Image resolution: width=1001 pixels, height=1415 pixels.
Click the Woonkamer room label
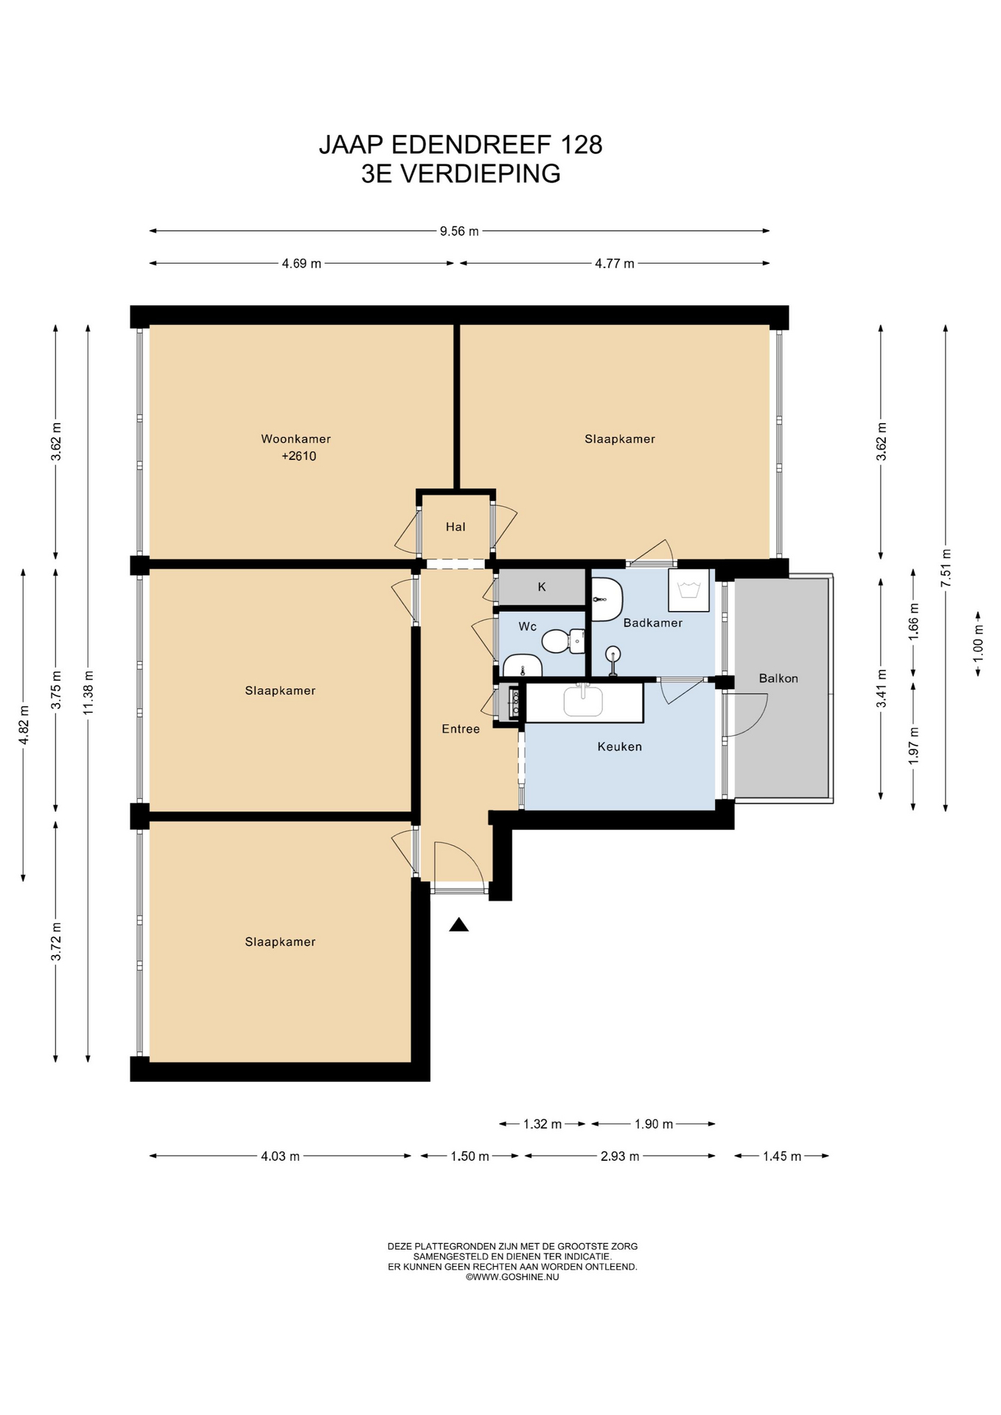click(296, 439)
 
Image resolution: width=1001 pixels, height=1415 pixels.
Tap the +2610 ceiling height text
click(299, 456)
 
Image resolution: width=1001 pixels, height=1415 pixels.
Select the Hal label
click(456, 527)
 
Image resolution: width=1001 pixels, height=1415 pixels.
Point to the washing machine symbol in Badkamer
click(689, 590)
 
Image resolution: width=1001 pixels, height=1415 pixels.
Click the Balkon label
click(778, 678)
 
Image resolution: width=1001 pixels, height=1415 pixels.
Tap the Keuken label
click(619, 747)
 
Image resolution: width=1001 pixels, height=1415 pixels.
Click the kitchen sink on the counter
click(583, 701)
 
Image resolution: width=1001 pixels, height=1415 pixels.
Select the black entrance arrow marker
click(459, 925)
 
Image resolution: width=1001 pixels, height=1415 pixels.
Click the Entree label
click(461, 729)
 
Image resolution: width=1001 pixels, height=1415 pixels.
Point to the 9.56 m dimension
click(459, 231)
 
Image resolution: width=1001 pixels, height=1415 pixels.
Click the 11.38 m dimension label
click(88, 693)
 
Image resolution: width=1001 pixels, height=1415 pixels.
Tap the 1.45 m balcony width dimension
click(782, 1156)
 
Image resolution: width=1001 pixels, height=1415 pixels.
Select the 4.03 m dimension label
click(280, 1156)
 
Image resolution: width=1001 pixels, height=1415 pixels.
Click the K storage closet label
click(542, 587)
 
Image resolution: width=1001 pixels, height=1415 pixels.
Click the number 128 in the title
click(582, 144)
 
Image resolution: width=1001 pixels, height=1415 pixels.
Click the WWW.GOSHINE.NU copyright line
click(512, 1277)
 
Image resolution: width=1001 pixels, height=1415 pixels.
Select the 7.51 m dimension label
click(946, 567)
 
